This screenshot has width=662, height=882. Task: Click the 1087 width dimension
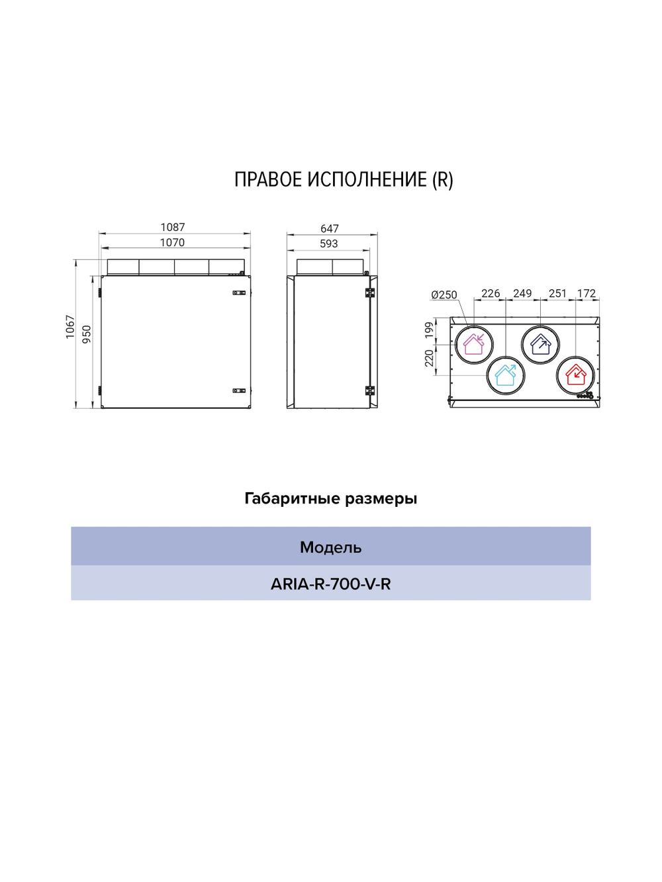pos(173,228)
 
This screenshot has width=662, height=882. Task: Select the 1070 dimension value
pos(172,243)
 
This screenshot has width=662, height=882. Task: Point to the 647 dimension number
pos(330,229)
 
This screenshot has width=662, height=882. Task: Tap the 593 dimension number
pos(329,244)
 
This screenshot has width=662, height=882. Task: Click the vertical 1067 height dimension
pos(70,327)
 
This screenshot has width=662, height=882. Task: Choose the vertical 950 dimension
pos(87,334)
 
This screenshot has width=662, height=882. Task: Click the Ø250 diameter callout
pos(444,295)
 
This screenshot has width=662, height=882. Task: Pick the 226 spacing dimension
pos(491,293)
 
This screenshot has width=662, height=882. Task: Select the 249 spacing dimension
pos(522,293)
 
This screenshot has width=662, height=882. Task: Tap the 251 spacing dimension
pos(557,293)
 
